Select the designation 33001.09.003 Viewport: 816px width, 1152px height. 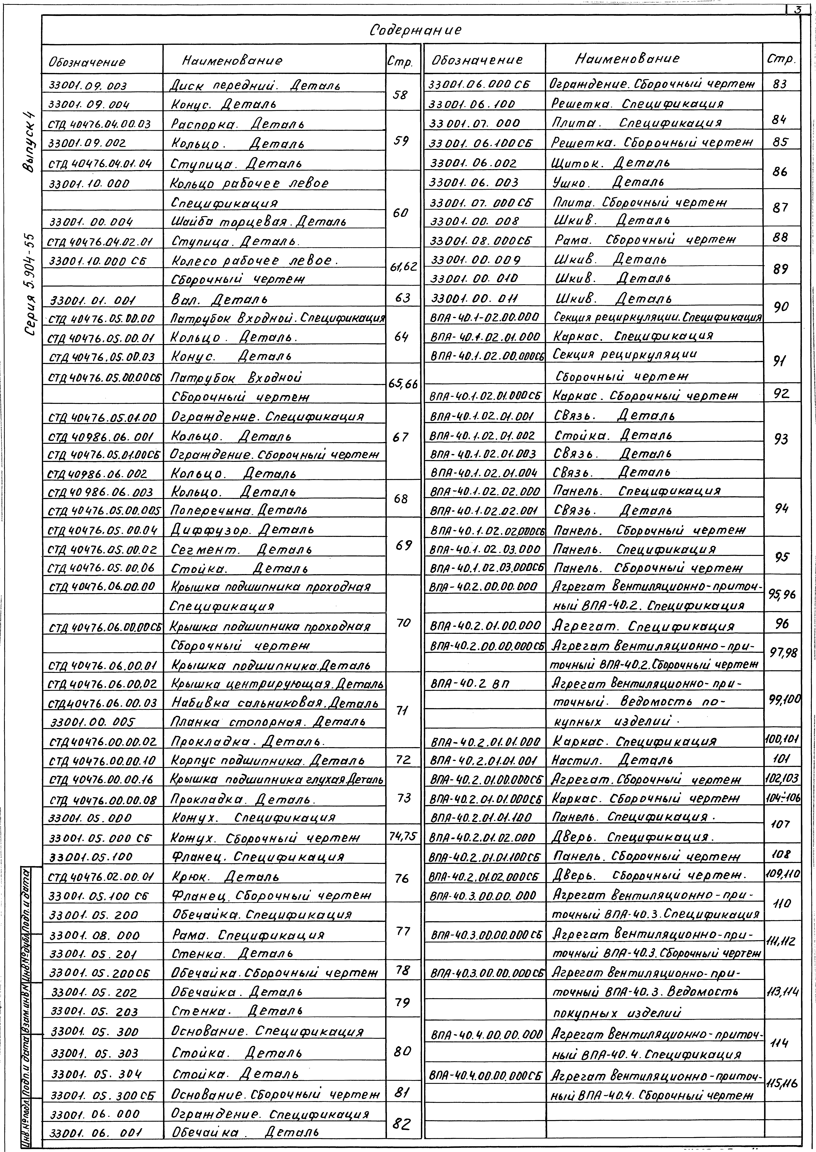pos(88,86)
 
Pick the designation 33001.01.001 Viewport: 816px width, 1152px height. pos(88,301)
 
